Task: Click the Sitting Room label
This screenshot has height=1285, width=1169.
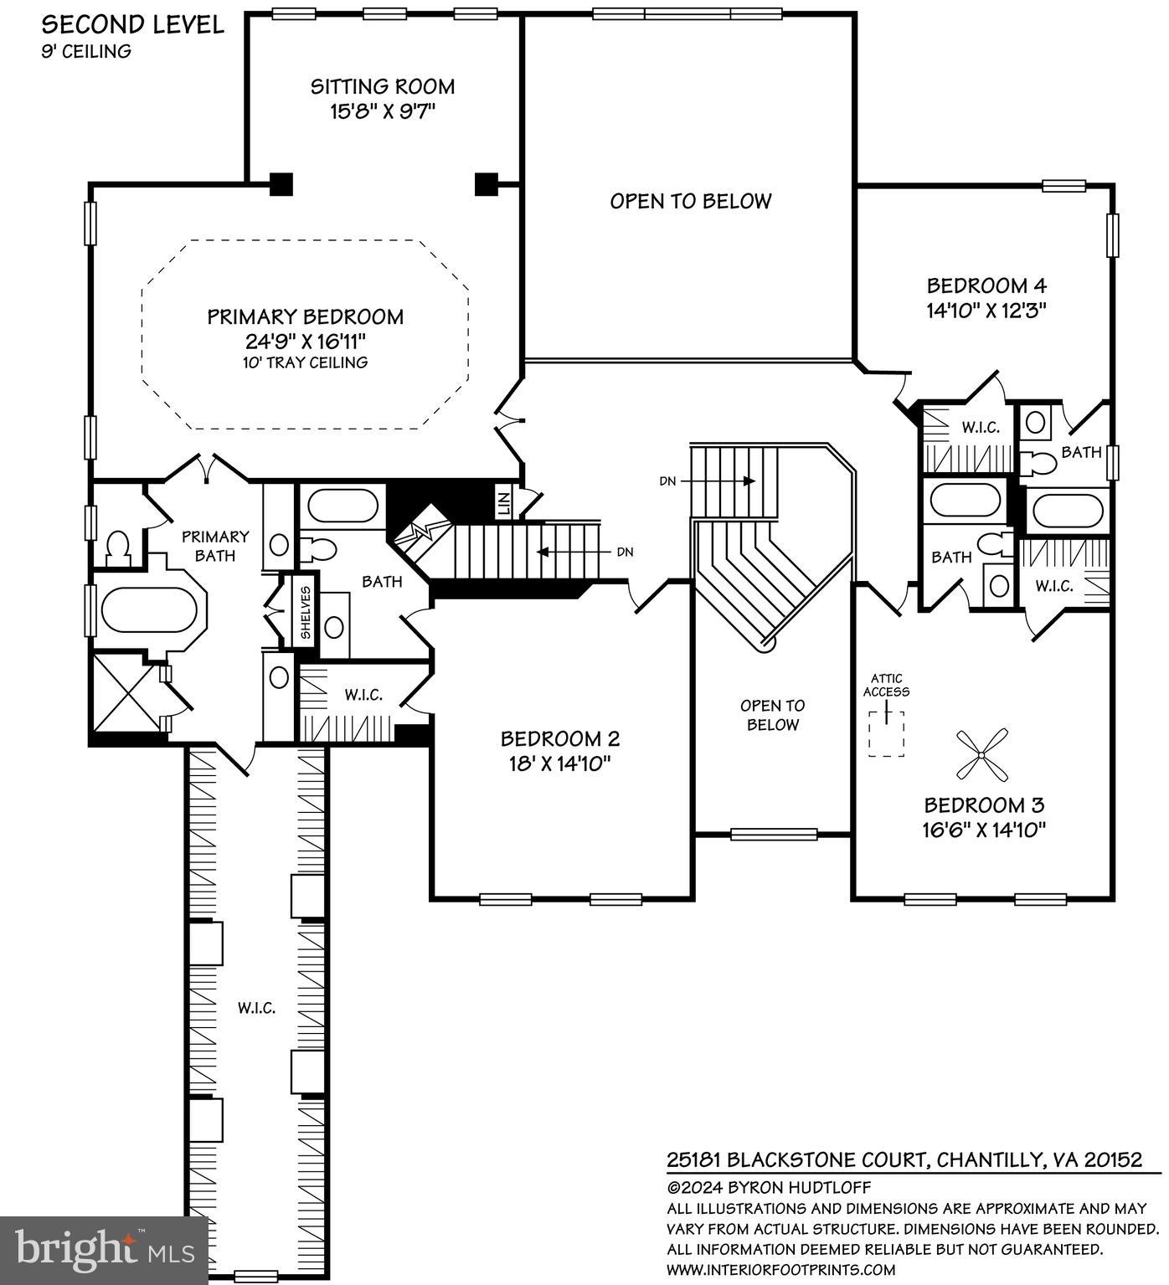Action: (383, 87)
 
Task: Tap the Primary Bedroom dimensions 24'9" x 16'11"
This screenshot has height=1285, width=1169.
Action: (305, 341)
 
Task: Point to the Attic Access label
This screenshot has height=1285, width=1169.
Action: (886, 685)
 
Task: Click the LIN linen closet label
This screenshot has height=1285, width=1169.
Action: (503, 503)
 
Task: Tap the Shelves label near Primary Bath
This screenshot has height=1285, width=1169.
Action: (306, 611)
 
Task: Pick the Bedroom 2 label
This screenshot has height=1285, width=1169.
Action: (559, 738)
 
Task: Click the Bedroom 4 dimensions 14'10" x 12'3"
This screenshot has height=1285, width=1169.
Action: (986, 310)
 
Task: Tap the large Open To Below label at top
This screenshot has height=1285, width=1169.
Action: (690, 201)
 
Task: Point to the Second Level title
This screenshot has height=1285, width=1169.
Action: (133, 24)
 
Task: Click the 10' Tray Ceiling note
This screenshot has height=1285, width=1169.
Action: (305, 362)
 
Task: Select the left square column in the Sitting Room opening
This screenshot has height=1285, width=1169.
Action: (281, 183)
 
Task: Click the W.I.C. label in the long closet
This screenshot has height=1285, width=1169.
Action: (256, 1008)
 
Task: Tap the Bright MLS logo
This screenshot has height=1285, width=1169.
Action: (104, 1250)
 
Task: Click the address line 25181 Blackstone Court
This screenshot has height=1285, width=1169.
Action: (904, 1159)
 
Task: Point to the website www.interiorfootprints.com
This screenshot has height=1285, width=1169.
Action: (780, 1269)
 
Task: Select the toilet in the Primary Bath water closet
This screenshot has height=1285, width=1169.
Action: (118, 547)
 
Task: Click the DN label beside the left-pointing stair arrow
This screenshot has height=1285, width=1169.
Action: (625, 552)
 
